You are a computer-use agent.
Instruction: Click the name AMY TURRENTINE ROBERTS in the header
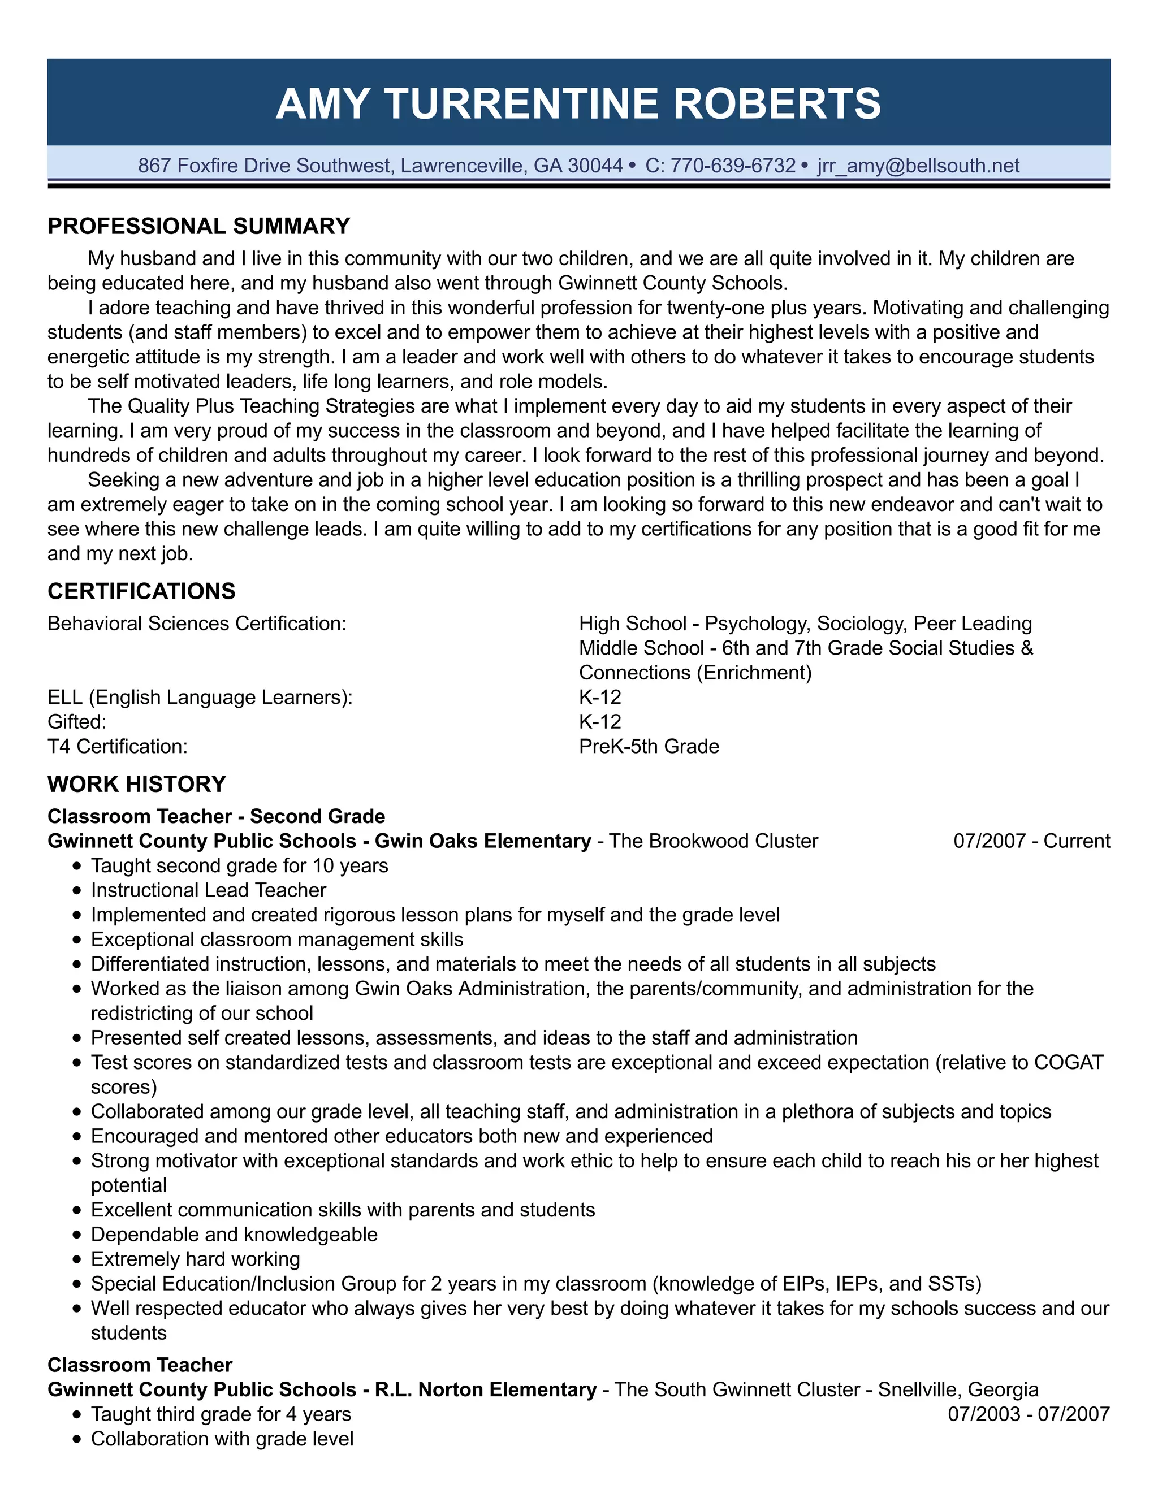click(x=578, y=103)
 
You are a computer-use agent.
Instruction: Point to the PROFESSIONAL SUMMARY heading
click(x=199, y=226)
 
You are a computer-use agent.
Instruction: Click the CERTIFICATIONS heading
click(x=141, y=591)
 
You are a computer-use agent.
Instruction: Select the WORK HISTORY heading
click(x=136, y=784)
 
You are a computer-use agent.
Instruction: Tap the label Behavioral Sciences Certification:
click(x=197, y=624)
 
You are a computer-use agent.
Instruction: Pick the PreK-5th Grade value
click(x=649, y=746)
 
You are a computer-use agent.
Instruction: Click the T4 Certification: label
click(x=117, y=746)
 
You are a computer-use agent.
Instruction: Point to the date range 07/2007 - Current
click(x=1031, y=841)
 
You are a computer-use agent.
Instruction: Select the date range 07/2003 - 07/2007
click(x=1029, y=1414)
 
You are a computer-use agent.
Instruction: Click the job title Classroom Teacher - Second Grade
click(x=216, y=816)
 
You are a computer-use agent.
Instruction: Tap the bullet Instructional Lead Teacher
click(x=209, y=890)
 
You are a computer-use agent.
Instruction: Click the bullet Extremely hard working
click(x=196, y=1259)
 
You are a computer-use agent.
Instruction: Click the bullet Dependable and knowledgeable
click(x=234, y=1234)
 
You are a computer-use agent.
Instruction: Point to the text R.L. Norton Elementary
click(x=485, y=1389)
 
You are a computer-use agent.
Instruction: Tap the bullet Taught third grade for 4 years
click(x=221, y=1414)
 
